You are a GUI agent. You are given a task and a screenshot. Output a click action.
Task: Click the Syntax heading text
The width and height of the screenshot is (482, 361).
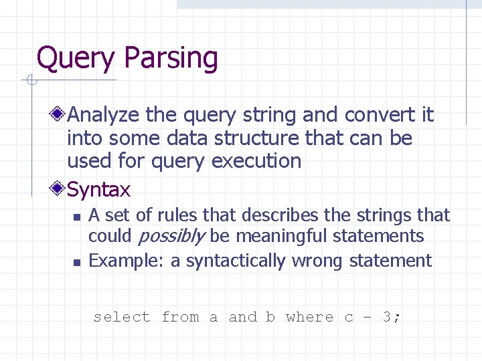[x=99, y=190]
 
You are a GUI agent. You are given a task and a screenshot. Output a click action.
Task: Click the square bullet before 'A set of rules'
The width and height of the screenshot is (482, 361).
[x=76, y=217]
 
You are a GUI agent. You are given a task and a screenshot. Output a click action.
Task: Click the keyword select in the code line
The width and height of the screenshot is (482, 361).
[x=122, y=317]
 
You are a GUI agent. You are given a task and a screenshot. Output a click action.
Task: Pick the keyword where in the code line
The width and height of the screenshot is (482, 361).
[x=309, y=317]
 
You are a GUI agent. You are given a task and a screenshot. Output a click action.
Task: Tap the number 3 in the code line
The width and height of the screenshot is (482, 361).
[x=388, y=317]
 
